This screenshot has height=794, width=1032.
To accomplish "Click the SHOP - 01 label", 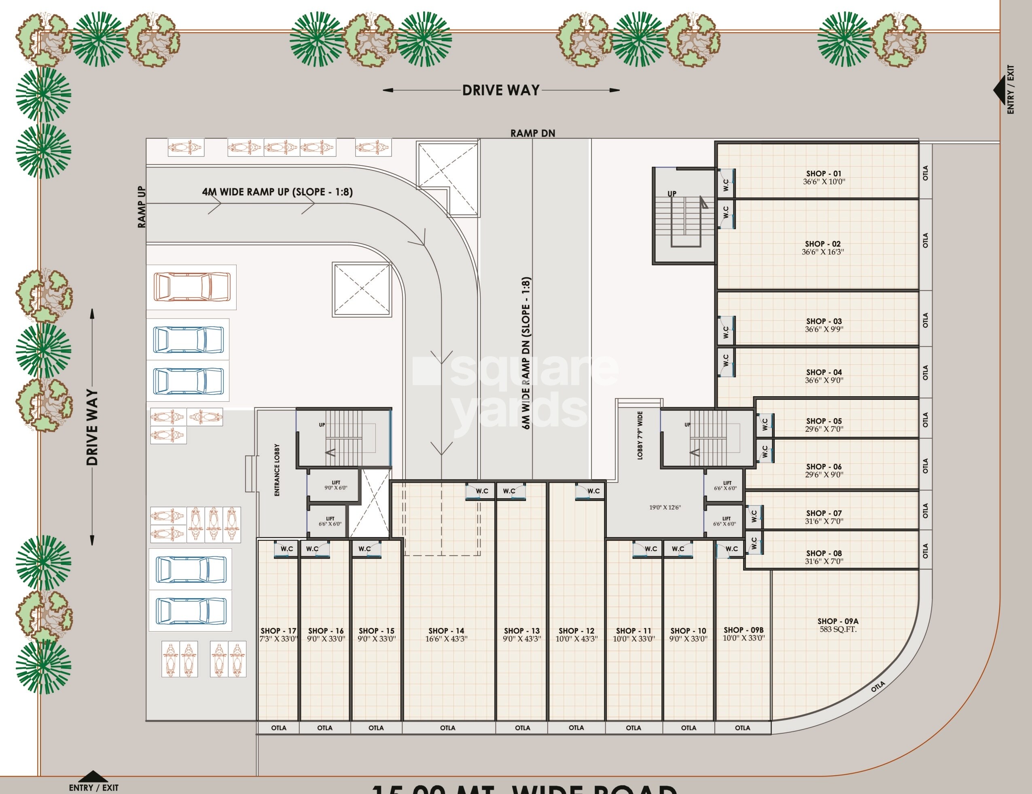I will click(x=824, y=174).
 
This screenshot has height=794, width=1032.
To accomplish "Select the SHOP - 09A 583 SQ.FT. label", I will click(x=838, y=625).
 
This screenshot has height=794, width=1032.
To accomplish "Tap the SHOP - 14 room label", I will click(x=446, y=631).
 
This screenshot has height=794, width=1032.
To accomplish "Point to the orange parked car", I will click(x=191, y=287).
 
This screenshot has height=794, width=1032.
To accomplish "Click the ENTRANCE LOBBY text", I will click(x=277, y=470).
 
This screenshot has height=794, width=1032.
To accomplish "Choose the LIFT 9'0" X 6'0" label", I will click(x=335, y=485).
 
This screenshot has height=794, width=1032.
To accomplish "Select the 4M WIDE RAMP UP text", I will click(x=278, y=192).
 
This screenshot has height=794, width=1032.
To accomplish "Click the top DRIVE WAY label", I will click(x=501, y=90).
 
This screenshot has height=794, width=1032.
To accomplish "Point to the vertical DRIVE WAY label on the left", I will click(x=93, y=427).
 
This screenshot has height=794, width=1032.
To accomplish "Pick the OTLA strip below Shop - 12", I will click(x=576, y=728).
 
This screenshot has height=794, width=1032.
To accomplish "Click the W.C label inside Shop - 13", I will click(x=509, y=491).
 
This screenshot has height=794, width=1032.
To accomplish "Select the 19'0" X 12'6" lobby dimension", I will click(x=665, y=507).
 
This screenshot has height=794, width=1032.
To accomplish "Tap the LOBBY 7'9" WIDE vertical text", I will click(x=640, y=435).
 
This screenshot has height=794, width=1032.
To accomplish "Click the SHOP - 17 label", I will click(x=278, y=631).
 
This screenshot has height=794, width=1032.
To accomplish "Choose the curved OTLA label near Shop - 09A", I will click(x=877, y=687).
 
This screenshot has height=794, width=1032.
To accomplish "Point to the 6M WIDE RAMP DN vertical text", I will click(x=527, y=353).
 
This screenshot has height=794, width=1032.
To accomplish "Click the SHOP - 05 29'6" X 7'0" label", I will click(x=824, y=425).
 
